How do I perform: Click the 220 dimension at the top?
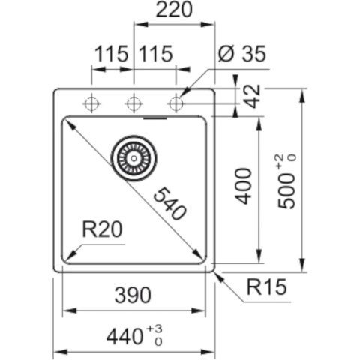pos(173,10)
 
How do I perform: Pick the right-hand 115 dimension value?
pos(155,54)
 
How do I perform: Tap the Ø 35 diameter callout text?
pos(241,54)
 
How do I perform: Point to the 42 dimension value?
pos(253,97)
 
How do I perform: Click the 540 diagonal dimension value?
pos(169,204)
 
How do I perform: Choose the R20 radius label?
pos(100,229)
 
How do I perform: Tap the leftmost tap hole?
pos(91,103)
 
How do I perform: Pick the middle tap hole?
pos(134,103)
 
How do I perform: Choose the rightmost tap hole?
pos(176,103)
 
